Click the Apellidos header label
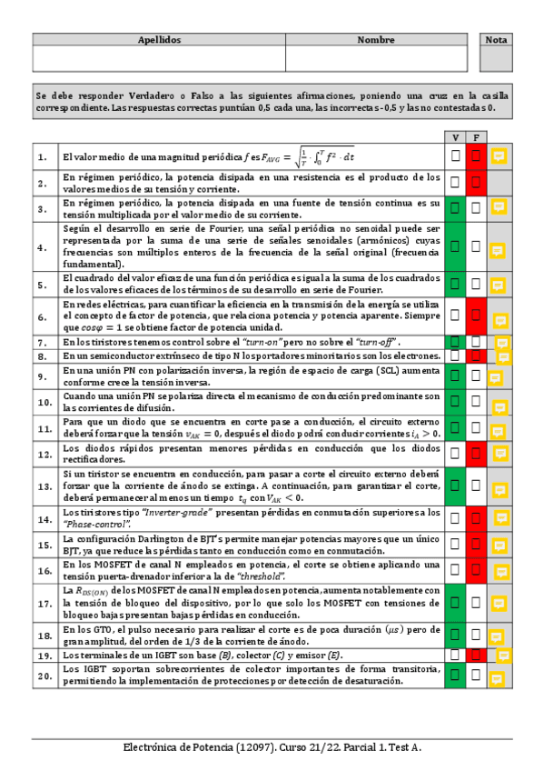[159, 40]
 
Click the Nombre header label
[376, 40]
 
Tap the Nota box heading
[497, 40]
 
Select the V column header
[455, 136]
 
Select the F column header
[475, 136]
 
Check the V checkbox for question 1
[455, 156]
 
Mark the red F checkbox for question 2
[475, 182]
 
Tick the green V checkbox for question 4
[455, 246]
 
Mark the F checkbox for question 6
[475, 315]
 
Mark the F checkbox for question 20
[475, 674]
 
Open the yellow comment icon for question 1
[499, 156]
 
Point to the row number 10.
[44, 402]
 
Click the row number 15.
[44, 545]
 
